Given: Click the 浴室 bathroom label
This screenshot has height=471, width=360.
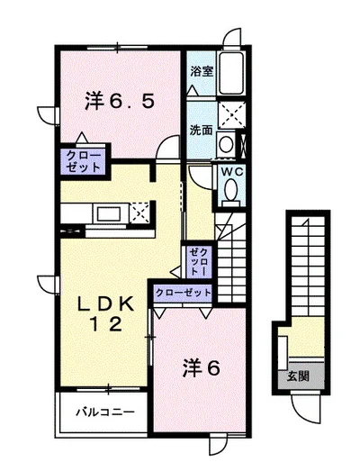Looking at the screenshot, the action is [x=202, y=71].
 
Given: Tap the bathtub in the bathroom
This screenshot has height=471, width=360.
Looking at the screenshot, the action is [x=231, y=74].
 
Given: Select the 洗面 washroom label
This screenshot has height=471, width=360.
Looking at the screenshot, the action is [x=201, y=130].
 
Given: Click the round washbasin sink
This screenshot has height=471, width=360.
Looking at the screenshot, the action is [x=226, y=143].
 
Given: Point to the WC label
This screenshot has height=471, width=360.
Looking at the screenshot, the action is [x=232, y=172].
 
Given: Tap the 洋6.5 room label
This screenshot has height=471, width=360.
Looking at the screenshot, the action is [x=120, y=101].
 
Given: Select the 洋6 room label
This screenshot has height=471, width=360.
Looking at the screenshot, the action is [x=202, y=368].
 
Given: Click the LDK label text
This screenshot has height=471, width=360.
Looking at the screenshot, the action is [x=105, y=304].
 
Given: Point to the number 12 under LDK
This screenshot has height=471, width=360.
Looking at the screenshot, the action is [x=106, y=324].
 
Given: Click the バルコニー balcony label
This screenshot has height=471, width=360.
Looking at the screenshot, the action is [x=104, y=412].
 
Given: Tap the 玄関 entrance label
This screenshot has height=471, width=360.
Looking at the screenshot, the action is [x=298, y=376].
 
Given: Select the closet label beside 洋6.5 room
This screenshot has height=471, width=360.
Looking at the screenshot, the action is [x=83, y=161].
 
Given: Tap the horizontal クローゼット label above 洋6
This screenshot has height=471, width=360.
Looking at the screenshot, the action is [x=184, y=293].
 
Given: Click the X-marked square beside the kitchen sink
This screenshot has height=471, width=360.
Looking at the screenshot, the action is [x=139, y=213].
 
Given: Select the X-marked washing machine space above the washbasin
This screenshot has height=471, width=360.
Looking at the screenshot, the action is [x=231, y=114].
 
